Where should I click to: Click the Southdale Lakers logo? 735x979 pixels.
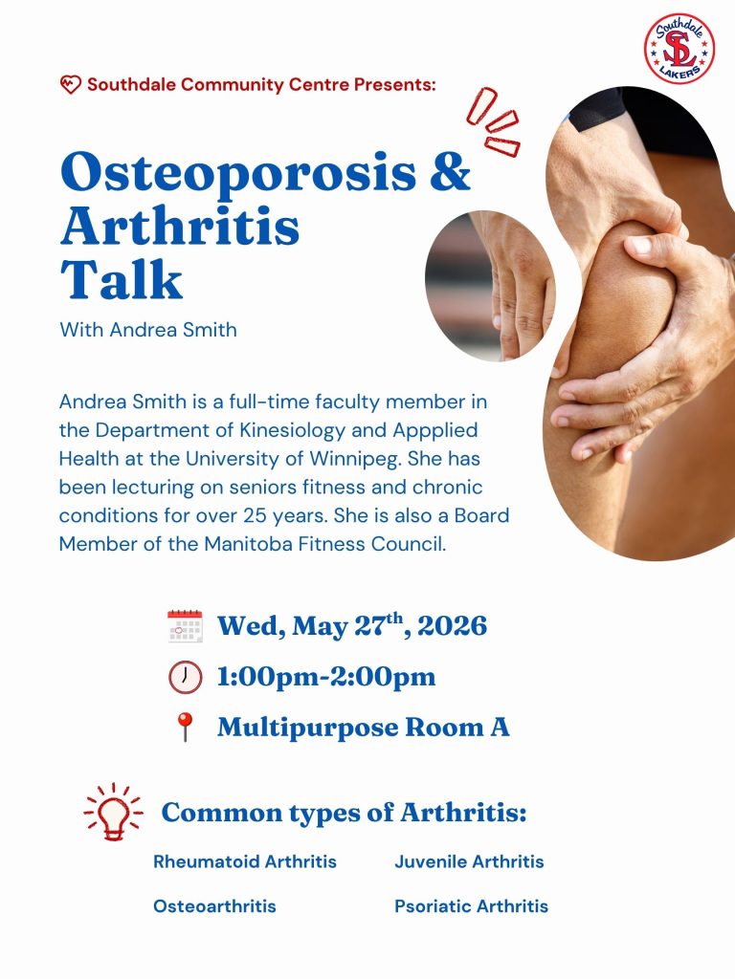[x=679, y=49]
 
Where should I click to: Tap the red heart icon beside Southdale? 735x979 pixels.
[x=70, y=84]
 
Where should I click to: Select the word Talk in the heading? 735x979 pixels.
[x=122, y=279]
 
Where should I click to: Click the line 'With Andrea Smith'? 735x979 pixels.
[x=148, y=329]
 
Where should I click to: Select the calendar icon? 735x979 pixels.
[x=185, y=626]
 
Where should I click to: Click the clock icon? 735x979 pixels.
[x=185, y=677]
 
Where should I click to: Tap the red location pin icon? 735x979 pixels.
[x=185, y=727]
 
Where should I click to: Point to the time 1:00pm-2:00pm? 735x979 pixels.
[x=326, y=677]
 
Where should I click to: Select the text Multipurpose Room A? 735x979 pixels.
[x=363, y=728]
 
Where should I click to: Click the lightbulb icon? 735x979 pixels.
[x=113, y=812]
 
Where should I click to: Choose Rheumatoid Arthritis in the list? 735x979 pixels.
[x=245, y=861]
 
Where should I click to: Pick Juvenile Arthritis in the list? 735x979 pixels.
[x=469, y=861]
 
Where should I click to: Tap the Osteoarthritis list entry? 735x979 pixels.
[x=214, y=906]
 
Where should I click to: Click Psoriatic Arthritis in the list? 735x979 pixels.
[x=471, y=906]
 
